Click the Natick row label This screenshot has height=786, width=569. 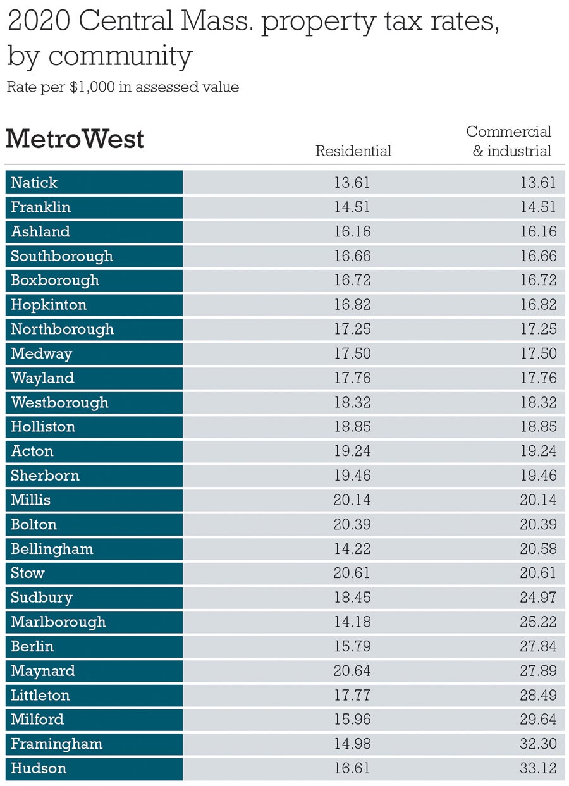click(x=34, y=183)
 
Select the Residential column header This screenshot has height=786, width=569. click(x=353, y=150)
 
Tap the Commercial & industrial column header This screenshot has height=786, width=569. click(x=509, y=141)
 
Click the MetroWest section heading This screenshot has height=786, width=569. click(x=75, y=138)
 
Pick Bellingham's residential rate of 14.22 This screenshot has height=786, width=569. click(x=352, y=549)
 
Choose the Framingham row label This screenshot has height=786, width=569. click(x=56, y=744)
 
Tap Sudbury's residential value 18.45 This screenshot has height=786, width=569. click(x=352, y=598)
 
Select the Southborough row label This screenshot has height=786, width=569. click(x=62, y=256)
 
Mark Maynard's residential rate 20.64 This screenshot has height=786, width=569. click(x=352, y=670)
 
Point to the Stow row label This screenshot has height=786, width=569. click(x=28, y=573)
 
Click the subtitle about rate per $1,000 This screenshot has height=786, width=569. click(x=123, y=87)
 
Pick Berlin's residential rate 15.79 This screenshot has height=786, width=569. click(x=352, y=646)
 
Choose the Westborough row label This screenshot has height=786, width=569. click(x=59, y=402)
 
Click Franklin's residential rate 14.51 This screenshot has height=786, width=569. click(x=352, y=207)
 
